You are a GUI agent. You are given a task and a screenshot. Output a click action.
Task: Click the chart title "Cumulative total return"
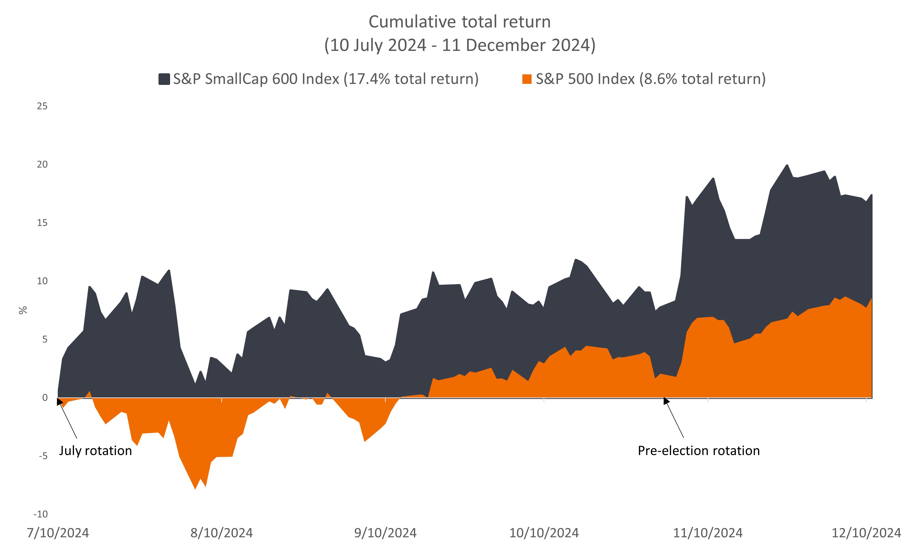point(459,22)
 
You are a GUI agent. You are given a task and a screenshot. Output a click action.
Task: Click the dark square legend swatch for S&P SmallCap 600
point(164,79)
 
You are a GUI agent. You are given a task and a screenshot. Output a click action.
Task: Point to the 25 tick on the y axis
point(42,107)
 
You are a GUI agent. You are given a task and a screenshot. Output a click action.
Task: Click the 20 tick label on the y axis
point(42,165)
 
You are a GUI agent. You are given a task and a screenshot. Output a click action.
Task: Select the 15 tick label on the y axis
point(42,223)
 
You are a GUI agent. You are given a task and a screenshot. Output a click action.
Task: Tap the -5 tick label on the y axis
point(43,456)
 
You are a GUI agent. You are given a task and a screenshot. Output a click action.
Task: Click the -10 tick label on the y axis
point(41,514)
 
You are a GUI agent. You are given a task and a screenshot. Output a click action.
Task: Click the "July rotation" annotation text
point(95,451)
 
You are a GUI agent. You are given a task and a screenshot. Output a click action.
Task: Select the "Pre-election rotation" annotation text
point(699,451)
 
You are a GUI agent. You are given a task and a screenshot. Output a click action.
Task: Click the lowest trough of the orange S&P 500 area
point(195,488)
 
